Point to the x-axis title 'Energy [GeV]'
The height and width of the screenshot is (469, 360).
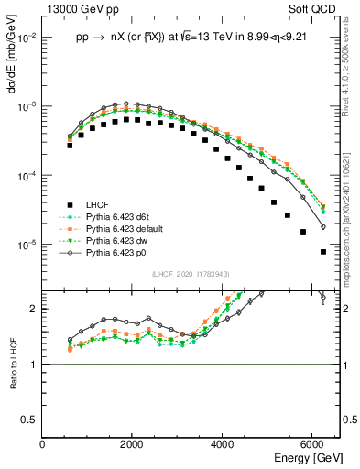click(309, 456)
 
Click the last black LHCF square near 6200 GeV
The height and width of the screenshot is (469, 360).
click(322, 252)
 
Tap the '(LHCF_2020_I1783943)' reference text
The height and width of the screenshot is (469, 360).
click(191, 273)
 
